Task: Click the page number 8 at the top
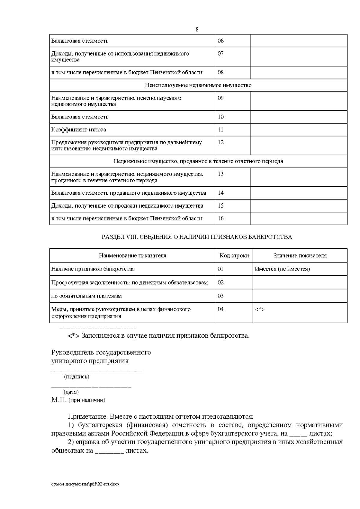coord(197,29)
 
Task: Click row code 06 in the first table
coord(221,41)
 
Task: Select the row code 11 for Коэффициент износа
coord(221,130)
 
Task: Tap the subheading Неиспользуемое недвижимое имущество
coord(198,85)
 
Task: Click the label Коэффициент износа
coord(79,130)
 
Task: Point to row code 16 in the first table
coord(221,218)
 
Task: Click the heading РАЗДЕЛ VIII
coord(197,237)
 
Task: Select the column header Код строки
coord(234,256)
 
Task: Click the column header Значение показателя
coord(300,256)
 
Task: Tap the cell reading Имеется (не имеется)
coord(282,269)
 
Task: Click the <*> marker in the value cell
coord(259,309)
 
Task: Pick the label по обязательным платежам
coord(87,296)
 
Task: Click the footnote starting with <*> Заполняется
coord(159,335)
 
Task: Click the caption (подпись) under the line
coord(77,376)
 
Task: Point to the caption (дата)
coord(71,392)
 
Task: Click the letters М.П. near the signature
coord(59,400)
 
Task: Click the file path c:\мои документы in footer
coord(85,484)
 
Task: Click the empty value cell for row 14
coord(299,193)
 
